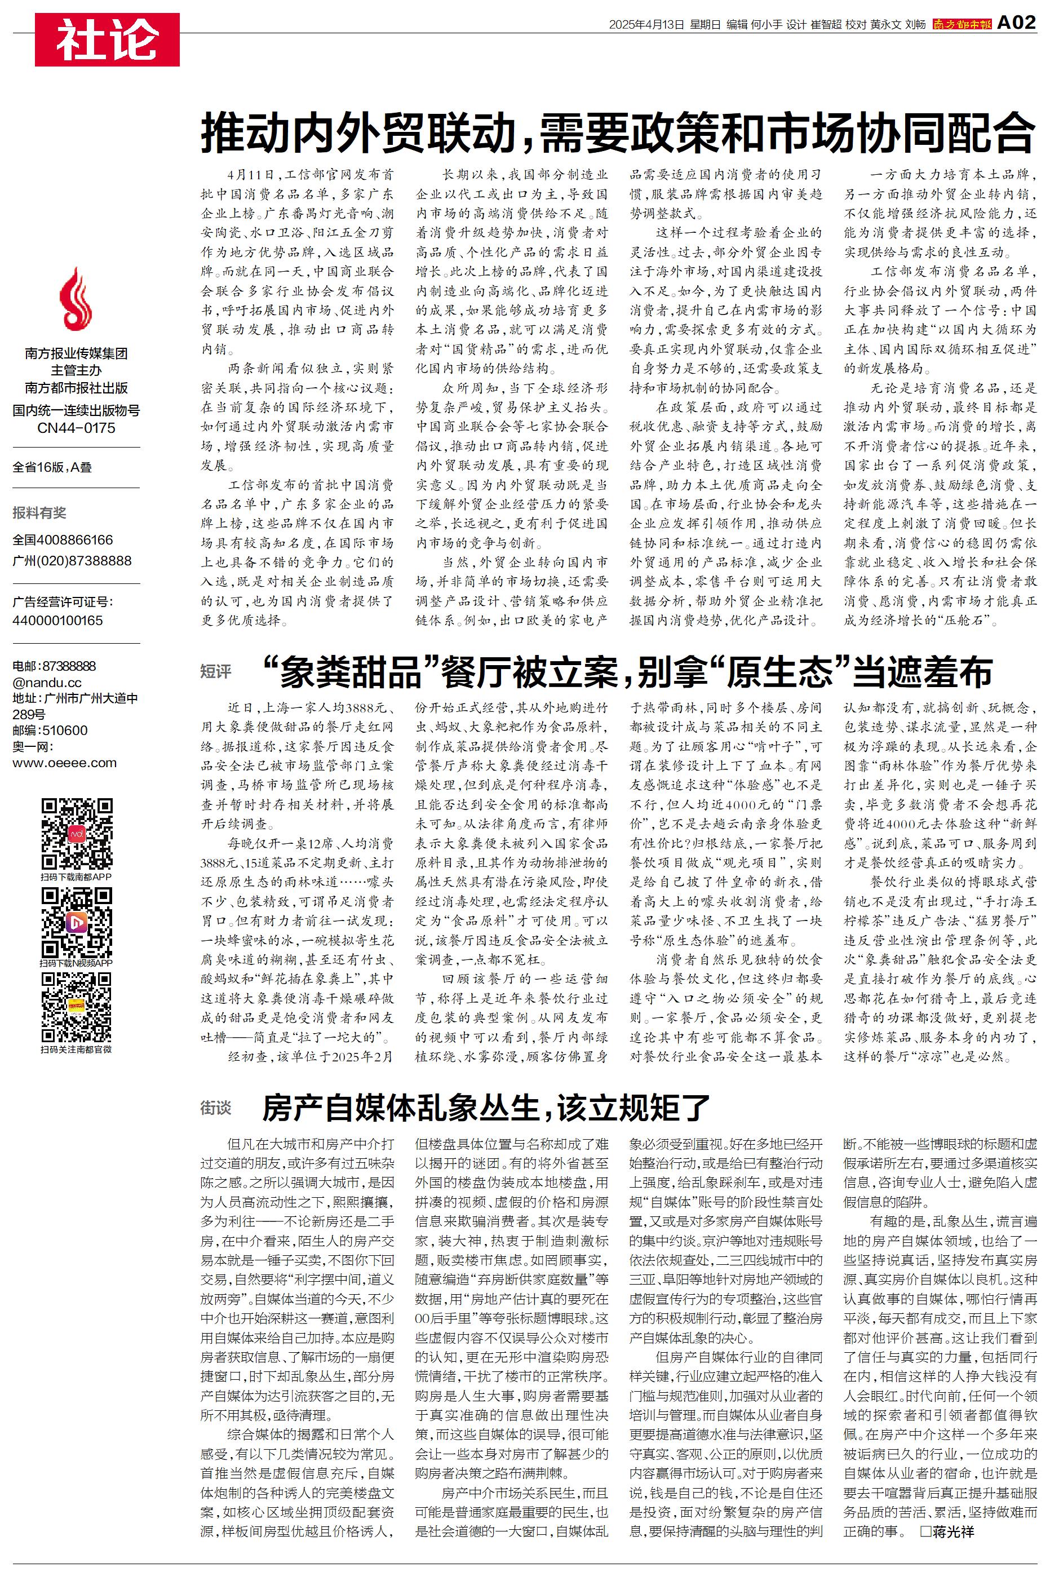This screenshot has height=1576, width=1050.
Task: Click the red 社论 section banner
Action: coord(107,39)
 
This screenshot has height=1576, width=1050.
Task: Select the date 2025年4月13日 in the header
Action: coord(646,25)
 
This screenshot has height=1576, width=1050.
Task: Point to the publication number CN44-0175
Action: coord(76,428)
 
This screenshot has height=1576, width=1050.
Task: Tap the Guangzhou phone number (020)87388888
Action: coord(72,560)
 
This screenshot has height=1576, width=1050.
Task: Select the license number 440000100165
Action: coord(57,620)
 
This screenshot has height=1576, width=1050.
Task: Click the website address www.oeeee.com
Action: coord(64,763)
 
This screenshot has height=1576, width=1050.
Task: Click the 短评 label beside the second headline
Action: coord(216,671)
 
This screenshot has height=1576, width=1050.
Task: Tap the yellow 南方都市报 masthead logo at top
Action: coord(962,24)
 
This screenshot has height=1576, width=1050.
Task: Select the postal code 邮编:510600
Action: coord(50,731)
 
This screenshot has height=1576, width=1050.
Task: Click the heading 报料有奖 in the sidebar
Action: coord(39,513)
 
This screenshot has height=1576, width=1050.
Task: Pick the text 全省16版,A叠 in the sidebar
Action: coord(52,467)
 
